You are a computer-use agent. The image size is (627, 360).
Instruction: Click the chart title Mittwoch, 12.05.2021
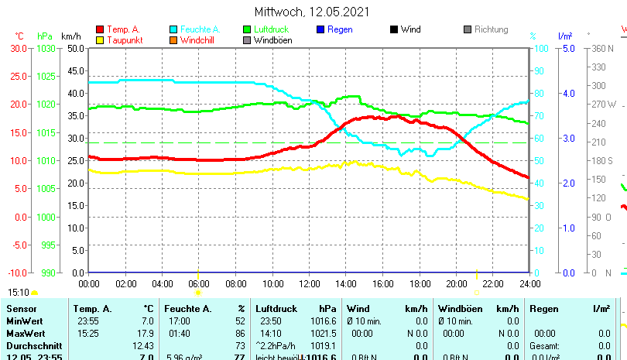point(312,12)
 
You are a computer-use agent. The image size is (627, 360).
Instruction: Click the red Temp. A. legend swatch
point(100,29)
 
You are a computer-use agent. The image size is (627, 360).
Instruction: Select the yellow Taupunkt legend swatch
point(100,40)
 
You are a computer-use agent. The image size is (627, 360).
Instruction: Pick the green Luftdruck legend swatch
point(247,29)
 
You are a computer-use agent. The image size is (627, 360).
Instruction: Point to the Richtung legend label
point(491,29)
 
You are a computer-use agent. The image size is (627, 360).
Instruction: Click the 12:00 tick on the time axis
point(309,283)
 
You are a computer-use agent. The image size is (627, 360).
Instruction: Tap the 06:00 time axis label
point(199,283)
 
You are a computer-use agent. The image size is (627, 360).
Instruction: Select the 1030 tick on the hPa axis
point(46,48)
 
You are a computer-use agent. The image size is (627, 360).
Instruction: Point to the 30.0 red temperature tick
point(19,48)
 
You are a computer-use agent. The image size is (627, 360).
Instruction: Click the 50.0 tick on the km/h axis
point(75,48)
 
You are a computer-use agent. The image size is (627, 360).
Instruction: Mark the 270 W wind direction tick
point(603,104)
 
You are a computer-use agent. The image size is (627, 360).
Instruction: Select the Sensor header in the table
point(21,309)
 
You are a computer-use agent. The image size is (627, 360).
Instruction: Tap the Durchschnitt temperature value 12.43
point(143,345)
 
